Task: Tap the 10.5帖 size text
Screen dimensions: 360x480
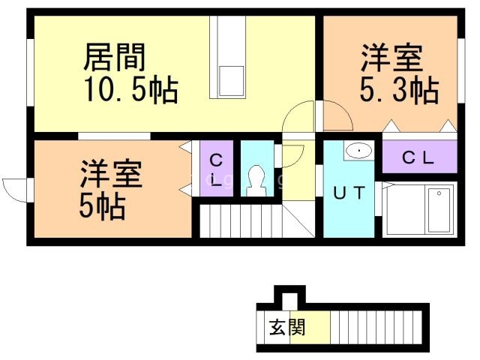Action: [130, 91]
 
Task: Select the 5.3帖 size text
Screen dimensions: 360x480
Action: [398, 91]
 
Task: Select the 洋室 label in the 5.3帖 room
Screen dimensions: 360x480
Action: [391, 58]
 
